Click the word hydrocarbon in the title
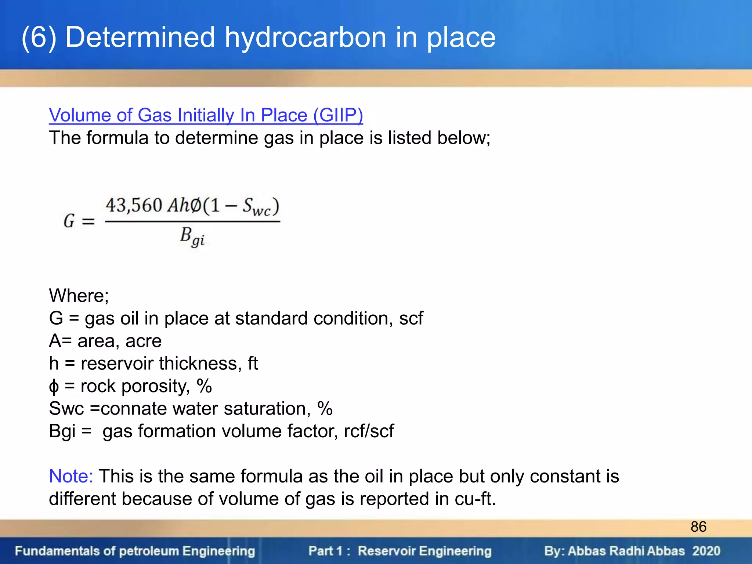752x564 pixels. (x=305, y=37)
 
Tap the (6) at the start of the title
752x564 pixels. (x=39, y=37)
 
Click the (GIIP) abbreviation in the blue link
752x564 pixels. (x=338, y=115)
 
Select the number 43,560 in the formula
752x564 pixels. (x=134, y=205)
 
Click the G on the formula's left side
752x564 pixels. (x=69, y=221)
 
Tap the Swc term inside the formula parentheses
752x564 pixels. (x=256, y=207)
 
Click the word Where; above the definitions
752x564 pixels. (x=79, y=296)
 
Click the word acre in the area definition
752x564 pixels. (x=143, y=341)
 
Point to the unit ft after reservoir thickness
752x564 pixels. (x=253, y=364)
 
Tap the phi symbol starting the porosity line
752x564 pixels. (x=54, y=387)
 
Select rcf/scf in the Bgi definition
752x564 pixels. (x=369, y=431)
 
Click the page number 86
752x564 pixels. (x=698, y=527)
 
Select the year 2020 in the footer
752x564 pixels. (x=706, y=551)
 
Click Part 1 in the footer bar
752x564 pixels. (x=325, y=551)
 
